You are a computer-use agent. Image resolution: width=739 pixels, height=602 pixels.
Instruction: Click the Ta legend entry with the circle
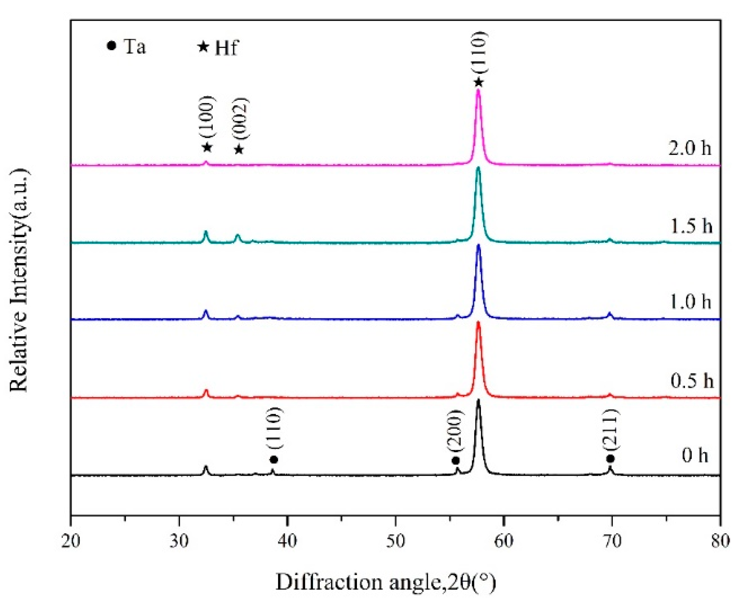point(126,47)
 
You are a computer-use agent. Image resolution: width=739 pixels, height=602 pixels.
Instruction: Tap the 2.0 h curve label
point(689,148)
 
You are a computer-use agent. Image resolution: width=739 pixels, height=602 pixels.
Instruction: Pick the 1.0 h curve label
point(690,302)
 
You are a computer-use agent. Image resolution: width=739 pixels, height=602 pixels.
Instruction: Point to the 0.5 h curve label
point(691,380)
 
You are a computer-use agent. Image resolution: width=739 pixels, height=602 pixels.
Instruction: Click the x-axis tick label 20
point(71,541)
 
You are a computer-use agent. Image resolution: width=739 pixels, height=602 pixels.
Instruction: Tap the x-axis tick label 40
point(287,541)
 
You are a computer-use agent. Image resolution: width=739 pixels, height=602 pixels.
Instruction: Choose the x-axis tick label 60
point(503,541)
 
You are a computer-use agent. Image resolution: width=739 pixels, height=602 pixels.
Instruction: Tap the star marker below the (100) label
point(207,148)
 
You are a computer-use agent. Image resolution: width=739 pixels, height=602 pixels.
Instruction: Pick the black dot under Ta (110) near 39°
point(273,460)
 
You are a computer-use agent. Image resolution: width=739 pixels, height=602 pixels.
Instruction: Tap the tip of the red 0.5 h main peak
point(478,322)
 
